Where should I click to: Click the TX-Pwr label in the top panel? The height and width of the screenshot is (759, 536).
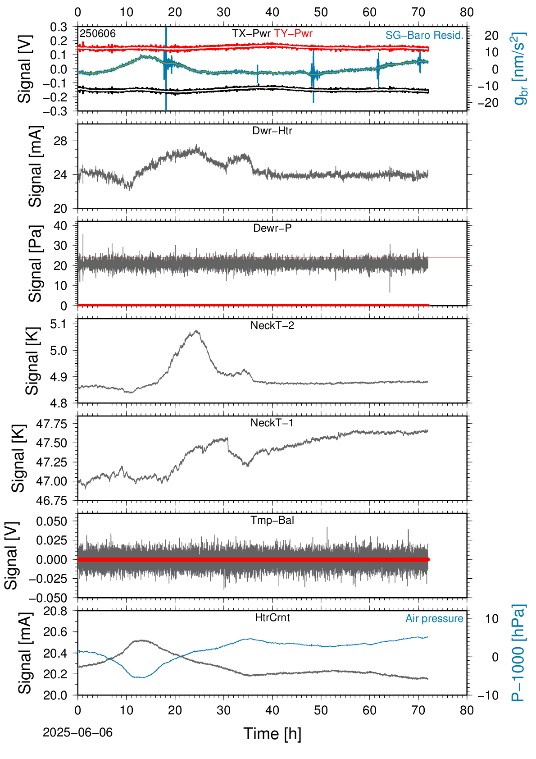click(251, 33)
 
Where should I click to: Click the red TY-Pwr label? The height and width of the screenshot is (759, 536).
click(293, 33)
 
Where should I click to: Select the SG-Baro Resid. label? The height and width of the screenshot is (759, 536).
click(424, 35)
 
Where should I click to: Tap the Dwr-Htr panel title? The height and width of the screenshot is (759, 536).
click(272, 131)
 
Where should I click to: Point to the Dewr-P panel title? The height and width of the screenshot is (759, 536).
click(272, 228)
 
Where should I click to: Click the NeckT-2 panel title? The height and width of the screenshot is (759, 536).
click(272, 325)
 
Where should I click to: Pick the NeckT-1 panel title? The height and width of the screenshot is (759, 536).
click(272, 422)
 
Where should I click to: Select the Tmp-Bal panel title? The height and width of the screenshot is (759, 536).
click(272, 520)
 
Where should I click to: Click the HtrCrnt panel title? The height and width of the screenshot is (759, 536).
click(272, 617)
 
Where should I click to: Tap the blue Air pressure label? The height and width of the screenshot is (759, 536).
click(434, 619)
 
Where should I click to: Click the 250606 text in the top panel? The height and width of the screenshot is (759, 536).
click(98, 33)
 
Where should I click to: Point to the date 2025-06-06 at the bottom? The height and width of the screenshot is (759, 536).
click(77, 732)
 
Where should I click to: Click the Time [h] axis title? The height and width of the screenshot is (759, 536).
click(272, 734)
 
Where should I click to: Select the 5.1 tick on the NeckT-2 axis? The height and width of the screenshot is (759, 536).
click(59, 324)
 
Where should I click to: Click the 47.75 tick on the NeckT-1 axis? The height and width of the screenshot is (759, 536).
click(51, 424)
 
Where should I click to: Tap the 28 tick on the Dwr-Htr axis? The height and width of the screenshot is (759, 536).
click(61, 141)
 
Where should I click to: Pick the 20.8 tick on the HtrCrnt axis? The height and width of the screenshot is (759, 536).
click(55, 611)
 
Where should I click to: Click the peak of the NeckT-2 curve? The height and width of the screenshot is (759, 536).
click(196, 331)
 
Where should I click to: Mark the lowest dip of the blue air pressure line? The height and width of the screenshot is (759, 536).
click(143, 677)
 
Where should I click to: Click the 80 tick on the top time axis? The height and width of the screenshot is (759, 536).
click(467, 12)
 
